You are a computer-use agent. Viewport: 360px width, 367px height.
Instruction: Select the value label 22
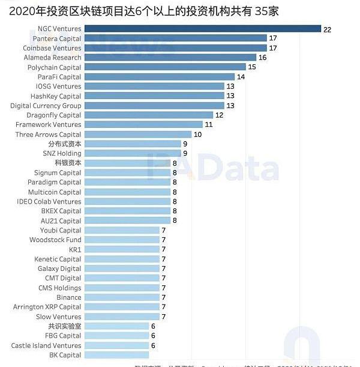[x=327, y=29]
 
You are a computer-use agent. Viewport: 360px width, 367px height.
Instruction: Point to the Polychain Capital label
[x=54, y=67]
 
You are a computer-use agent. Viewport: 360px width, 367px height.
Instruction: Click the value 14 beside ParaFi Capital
[x=241, y=77]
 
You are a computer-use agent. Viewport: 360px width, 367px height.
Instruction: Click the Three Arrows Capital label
[x=48, y=135]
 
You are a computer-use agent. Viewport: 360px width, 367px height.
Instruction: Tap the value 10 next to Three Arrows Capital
[x=197, y=135]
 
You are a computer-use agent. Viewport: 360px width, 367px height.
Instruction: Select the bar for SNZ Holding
[x=133, y=153]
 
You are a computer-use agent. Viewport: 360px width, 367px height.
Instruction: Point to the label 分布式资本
[x=65, y=144]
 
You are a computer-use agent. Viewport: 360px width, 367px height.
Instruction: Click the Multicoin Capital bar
[x=127, y=192]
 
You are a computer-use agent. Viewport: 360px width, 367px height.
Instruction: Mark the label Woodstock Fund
[x=55, y=240]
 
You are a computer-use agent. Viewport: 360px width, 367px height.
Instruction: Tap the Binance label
[x=69, y=297]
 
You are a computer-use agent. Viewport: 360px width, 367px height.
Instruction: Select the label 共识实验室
[x=65, y=326]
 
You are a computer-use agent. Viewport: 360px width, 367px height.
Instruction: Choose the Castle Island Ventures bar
[x=116, y=345]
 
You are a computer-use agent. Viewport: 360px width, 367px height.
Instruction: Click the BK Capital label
[x=65, y=355]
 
